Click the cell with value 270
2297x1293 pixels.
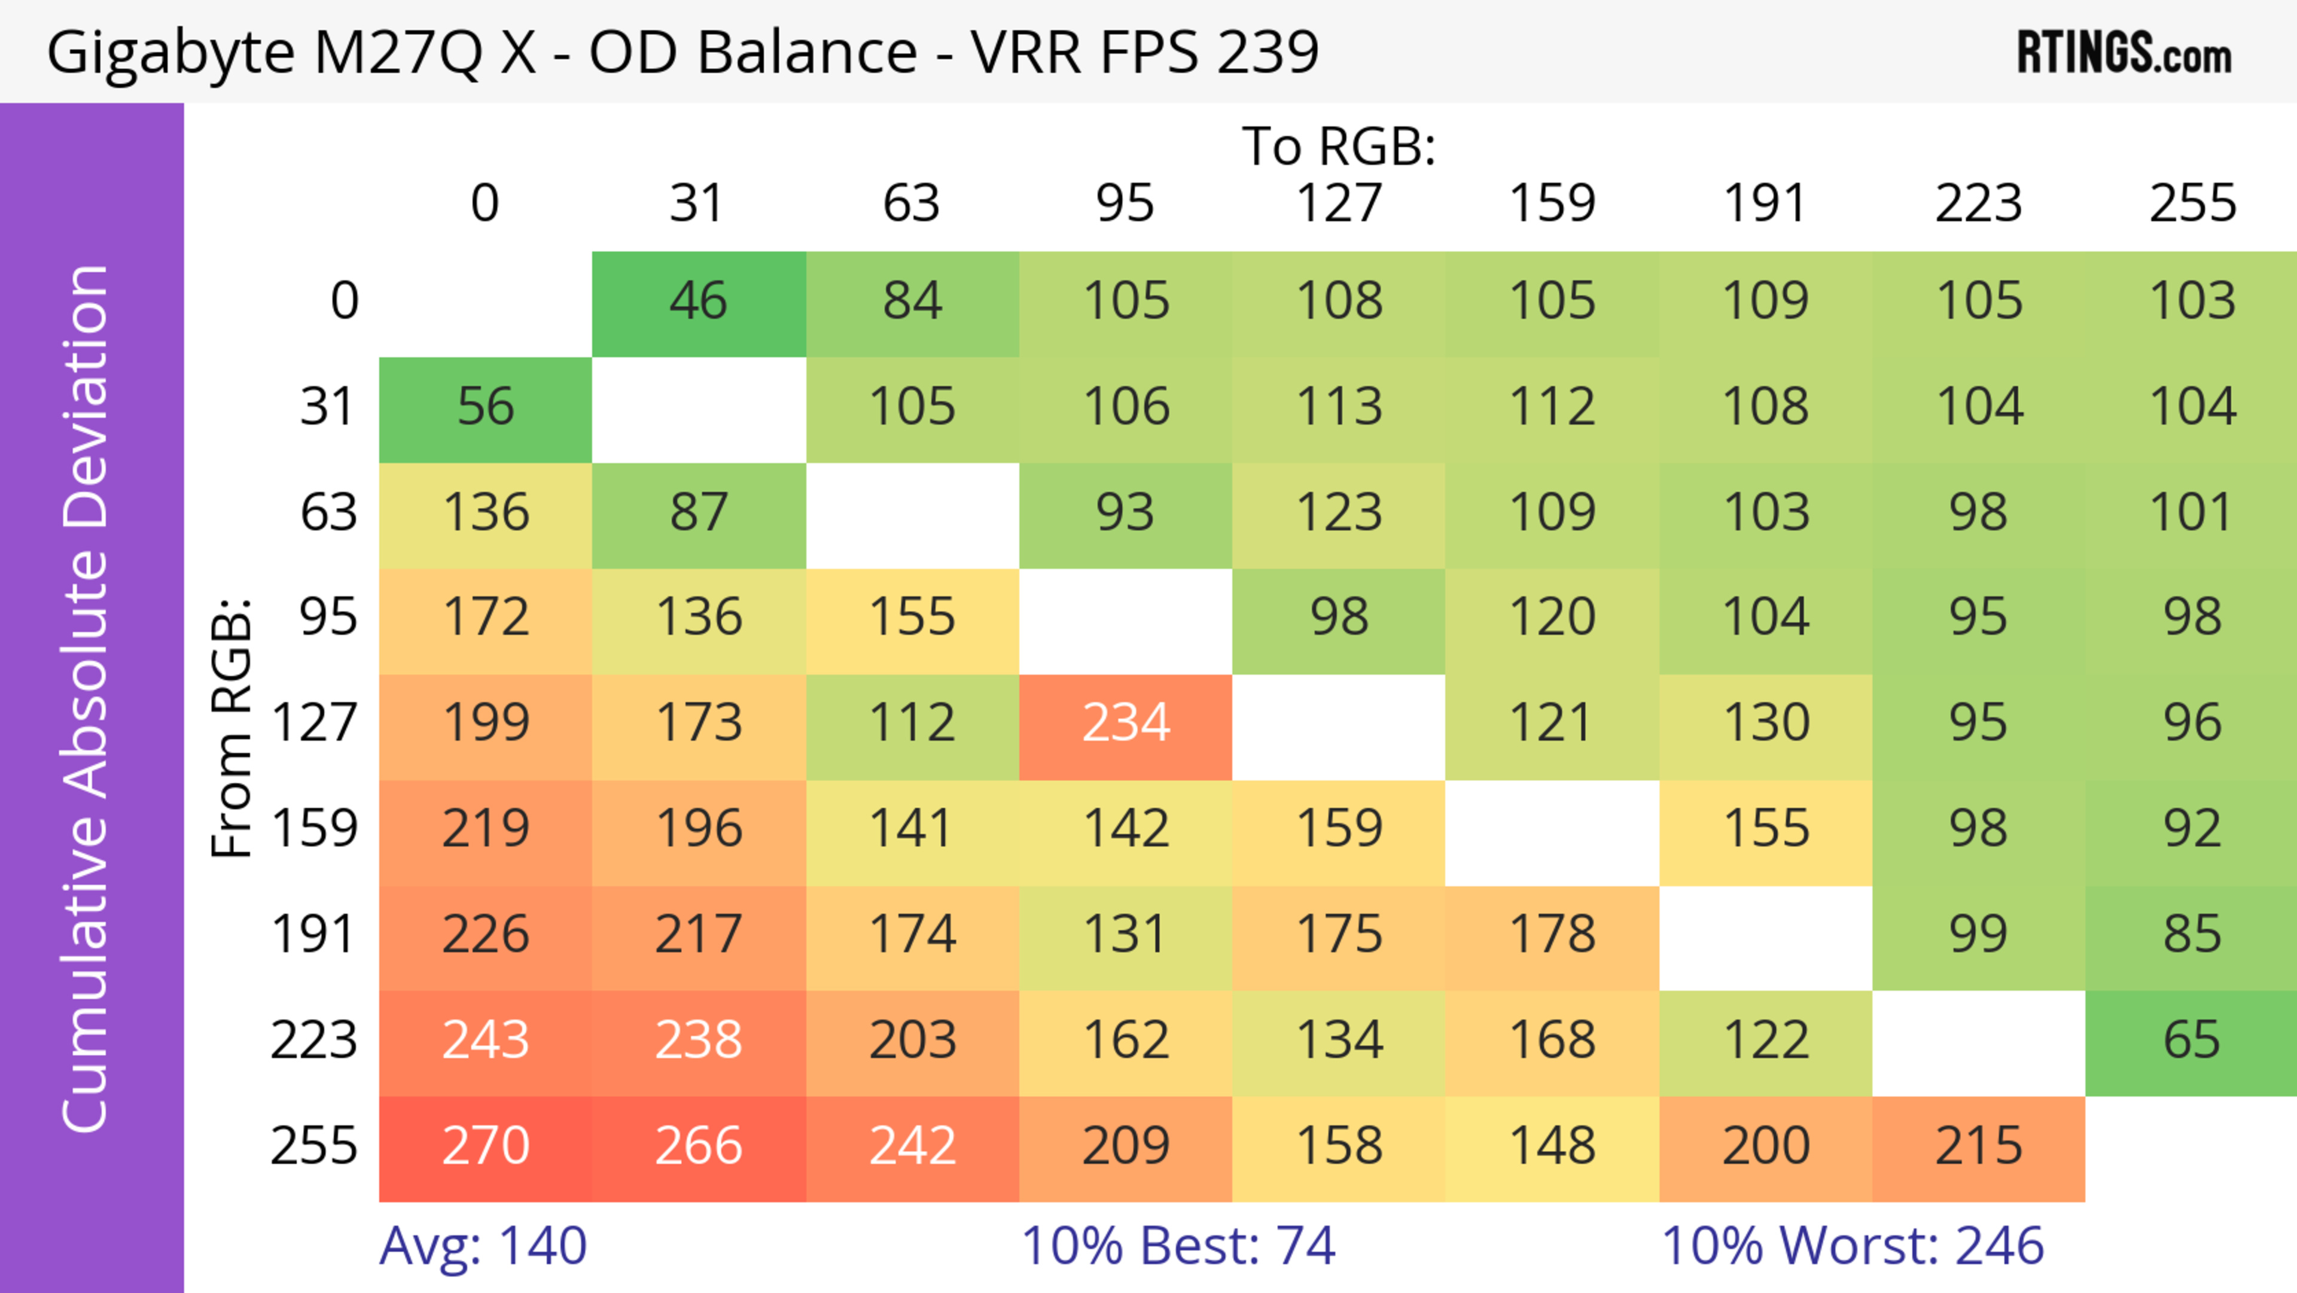point(485,1147)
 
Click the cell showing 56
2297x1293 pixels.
point(485,407)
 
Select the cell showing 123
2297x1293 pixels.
point(1339,513)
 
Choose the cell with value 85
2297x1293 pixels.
point(2191,935)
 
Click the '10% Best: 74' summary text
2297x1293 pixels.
point(1177,1247)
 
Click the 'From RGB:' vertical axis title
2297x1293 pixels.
point(232,728)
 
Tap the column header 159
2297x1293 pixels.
point(1552,203)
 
